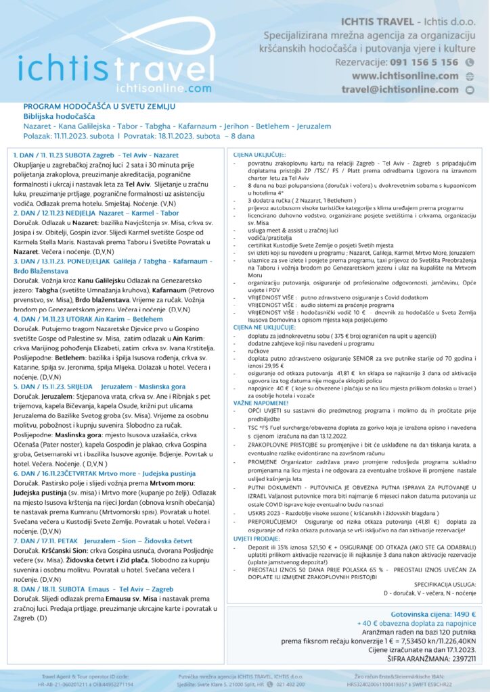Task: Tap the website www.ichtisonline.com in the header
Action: tap(405, 76)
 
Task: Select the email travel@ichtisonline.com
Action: tap(399, 89)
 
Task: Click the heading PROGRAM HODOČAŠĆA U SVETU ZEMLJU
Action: tap(99, 107)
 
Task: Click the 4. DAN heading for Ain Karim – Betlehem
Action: tap(89, 299)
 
